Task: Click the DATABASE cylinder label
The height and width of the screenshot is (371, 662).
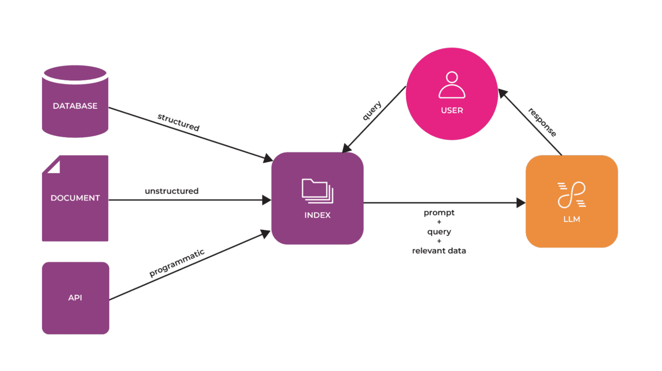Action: click(x=75, y=106)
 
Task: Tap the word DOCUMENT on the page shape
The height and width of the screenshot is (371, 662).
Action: click(x=75, y=198)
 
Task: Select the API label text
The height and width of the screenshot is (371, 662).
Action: click(x=75, y=297)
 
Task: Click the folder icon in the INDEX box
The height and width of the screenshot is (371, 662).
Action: click(x=317, y=191)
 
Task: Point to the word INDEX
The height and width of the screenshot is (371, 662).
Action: click(x=317, y=215)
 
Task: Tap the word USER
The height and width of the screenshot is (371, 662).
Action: click(x=452, y=111)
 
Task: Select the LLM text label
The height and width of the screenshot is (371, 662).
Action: click(x=572, y=219)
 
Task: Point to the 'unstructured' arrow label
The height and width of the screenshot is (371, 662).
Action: click(x=172, y=191)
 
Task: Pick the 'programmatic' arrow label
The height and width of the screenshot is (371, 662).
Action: click(x=177, y=263)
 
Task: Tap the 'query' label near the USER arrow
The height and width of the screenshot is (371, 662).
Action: click(x=372, y=111)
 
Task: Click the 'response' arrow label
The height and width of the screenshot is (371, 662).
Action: click(x=542, y=121)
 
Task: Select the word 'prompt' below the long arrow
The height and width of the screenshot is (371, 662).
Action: click(x=439, y=213)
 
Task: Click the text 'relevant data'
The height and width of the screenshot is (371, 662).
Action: click(x=439, y=251)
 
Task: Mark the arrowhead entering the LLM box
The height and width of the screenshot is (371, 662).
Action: click(x=521, y=203)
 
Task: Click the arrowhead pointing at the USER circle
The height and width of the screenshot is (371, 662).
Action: click(x=503, y=93)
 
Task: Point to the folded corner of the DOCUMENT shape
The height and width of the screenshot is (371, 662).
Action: click(x=53, y=166)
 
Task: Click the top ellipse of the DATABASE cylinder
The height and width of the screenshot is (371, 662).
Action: click(x=75, y=73)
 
